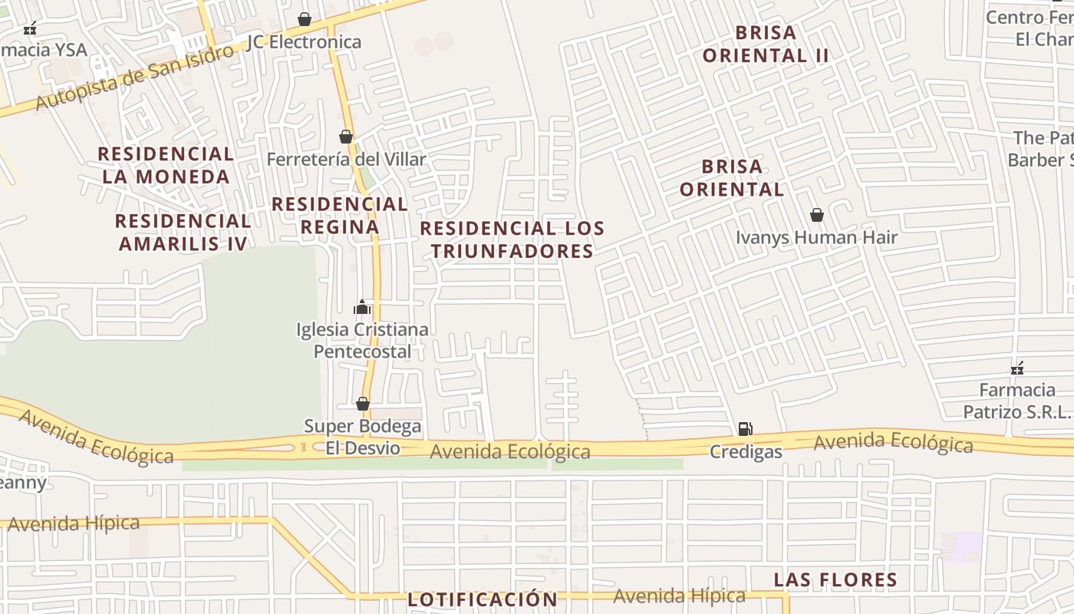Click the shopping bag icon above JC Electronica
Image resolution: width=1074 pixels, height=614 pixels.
tap(305, 18)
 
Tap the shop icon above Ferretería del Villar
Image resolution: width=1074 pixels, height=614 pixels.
tap(346, 137)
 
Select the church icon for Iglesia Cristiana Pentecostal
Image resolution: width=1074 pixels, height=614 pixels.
tap(362, 308)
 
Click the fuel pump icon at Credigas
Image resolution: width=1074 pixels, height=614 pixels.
tap(745, 429)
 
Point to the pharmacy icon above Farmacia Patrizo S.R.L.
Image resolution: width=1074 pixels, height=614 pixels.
tap(1017, 368)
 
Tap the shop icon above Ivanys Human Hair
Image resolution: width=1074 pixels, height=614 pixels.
tap(817, 215)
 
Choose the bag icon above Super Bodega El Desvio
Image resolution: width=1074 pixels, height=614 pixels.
tap(363, 404)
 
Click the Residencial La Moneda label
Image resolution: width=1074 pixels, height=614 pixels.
tap(165, 165)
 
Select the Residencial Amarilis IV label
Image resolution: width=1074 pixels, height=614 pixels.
tap(183, 232)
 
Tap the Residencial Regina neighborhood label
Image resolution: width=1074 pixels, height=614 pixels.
tap(339, 215)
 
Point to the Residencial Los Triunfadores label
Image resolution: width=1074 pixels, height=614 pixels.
tap(512, 239)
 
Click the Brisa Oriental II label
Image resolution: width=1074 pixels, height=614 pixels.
tap(766, 44)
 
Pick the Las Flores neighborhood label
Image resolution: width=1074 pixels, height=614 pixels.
tap(835, 579)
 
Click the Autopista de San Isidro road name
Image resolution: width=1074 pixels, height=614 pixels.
tap(134, 78)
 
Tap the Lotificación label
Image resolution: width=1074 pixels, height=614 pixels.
tap(483, 599)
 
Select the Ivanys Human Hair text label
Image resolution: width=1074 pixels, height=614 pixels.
tap(816, 237)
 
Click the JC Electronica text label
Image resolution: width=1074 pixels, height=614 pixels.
tap(304, 41)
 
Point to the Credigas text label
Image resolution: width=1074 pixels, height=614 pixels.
tap(746, 451)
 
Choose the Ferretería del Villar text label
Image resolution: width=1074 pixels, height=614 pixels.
tap(346, 159)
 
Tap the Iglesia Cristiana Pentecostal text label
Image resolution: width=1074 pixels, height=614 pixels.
tap(362, 340)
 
